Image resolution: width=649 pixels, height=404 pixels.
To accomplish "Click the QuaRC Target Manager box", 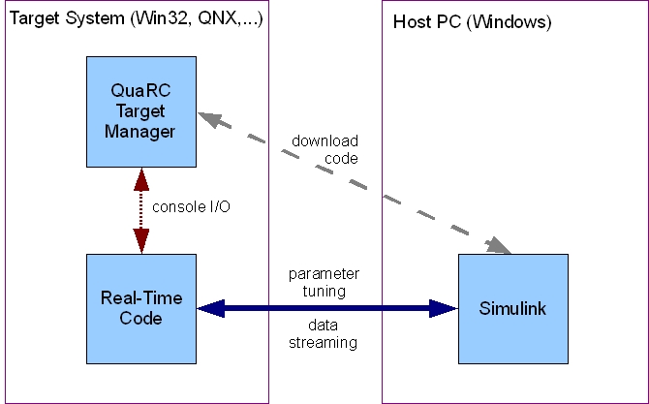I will click(141, 111).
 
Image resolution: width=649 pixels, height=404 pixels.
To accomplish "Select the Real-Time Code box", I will click(141, 309).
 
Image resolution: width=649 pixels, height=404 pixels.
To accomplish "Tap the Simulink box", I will click(512, 309).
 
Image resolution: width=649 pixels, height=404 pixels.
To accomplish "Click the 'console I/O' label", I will click(192, 207).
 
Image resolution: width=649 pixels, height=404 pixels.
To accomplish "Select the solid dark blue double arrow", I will click(327, 309).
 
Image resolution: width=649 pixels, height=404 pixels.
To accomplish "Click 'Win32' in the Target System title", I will click(153, 20).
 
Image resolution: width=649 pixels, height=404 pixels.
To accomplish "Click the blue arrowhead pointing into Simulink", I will click(444, 309).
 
